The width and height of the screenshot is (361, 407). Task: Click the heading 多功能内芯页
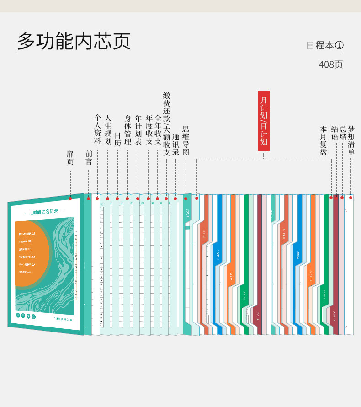[74, 41]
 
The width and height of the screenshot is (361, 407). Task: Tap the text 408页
[330, 64]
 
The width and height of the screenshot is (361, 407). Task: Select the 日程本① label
[324, 45]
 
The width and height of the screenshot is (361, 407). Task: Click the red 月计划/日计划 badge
[264, 121]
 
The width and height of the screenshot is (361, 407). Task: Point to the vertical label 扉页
[70, 158]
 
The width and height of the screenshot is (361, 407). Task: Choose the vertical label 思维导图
[186, 141]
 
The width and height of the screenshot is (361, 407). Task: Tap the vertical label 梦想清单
[351, 140]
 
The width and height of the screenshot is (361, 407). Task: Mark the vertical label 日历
[117, 139]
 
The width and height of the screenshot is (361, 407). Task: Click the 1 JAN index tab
[187, 214]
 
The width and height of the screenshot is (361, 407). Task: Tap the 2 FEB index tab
[204, 234]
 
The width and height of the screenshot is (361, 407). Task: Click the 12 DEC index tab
[334, 315]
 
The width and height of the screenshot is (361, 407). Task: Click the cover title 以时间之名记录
[44, 212]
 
